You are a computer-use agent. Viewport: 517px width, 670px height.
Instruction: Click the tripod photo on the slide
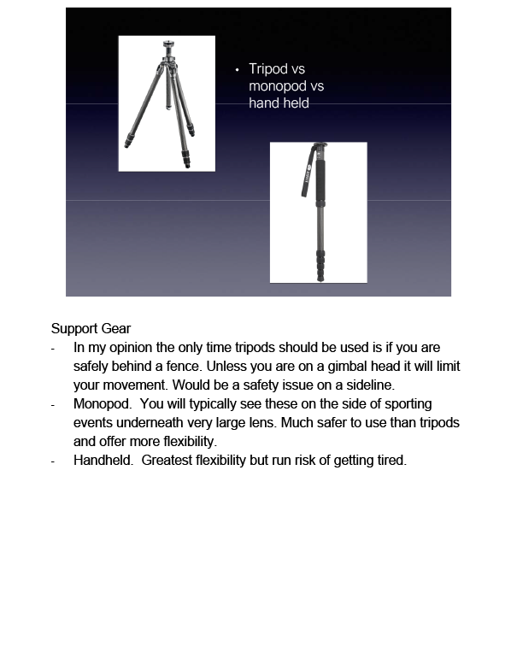pyautogui.click(x=166, y=103)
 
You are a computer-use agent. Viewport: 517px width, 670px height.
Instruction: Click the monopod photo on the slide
pyautogui.click(x=318, y=212)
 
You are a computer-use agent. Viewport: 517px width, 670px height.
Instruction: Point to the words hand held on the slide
pyautogui.click(x=279, y=103)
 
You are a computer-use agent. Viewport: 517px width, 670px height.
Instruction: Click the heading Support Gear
pyautogui.click(x=91, y=328)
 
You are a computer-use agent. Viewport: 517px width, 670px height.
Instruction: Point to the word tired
pyautogui.click(x=390, y=461)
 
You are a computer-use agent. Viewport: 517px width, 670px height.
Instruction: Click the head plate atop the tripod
pyautogui.click(x=165, y=42)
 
